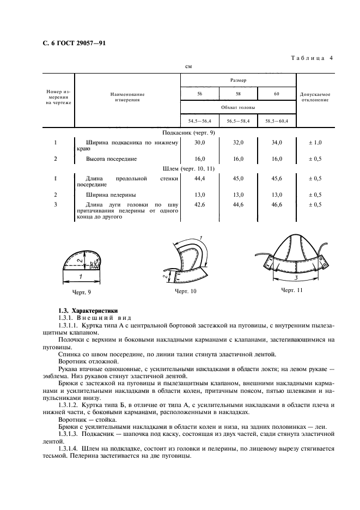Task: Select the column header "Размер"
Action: pyautogui.click(x=237, y=80)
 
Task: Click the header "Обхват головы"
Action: pyautogui.click(x=237, y=107)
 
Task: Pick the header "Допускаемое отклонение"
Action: pyautogui.click(x=315, y=97)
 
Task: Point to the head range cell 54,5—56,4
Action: pyautogui.click(x=199, y=120)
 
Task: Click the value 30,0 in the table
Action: pyautogui.click(x=199, y=143)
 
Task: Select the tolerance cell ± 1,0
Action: pyautogui.click(x=315, y=143)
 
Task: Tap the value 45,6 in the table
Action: pyautogui.click(x=276, y=178)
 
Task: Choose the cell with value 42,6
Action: pyautogui.click(x=199, y=204)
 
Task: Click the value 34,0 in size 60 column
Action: pyautogui.click(x=276, y=143)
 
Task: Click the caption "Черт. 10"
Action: pyautogui.click(x=185, y=292)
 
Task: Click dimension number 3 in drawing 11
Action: pyautogui.click(x=296, y=278)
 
